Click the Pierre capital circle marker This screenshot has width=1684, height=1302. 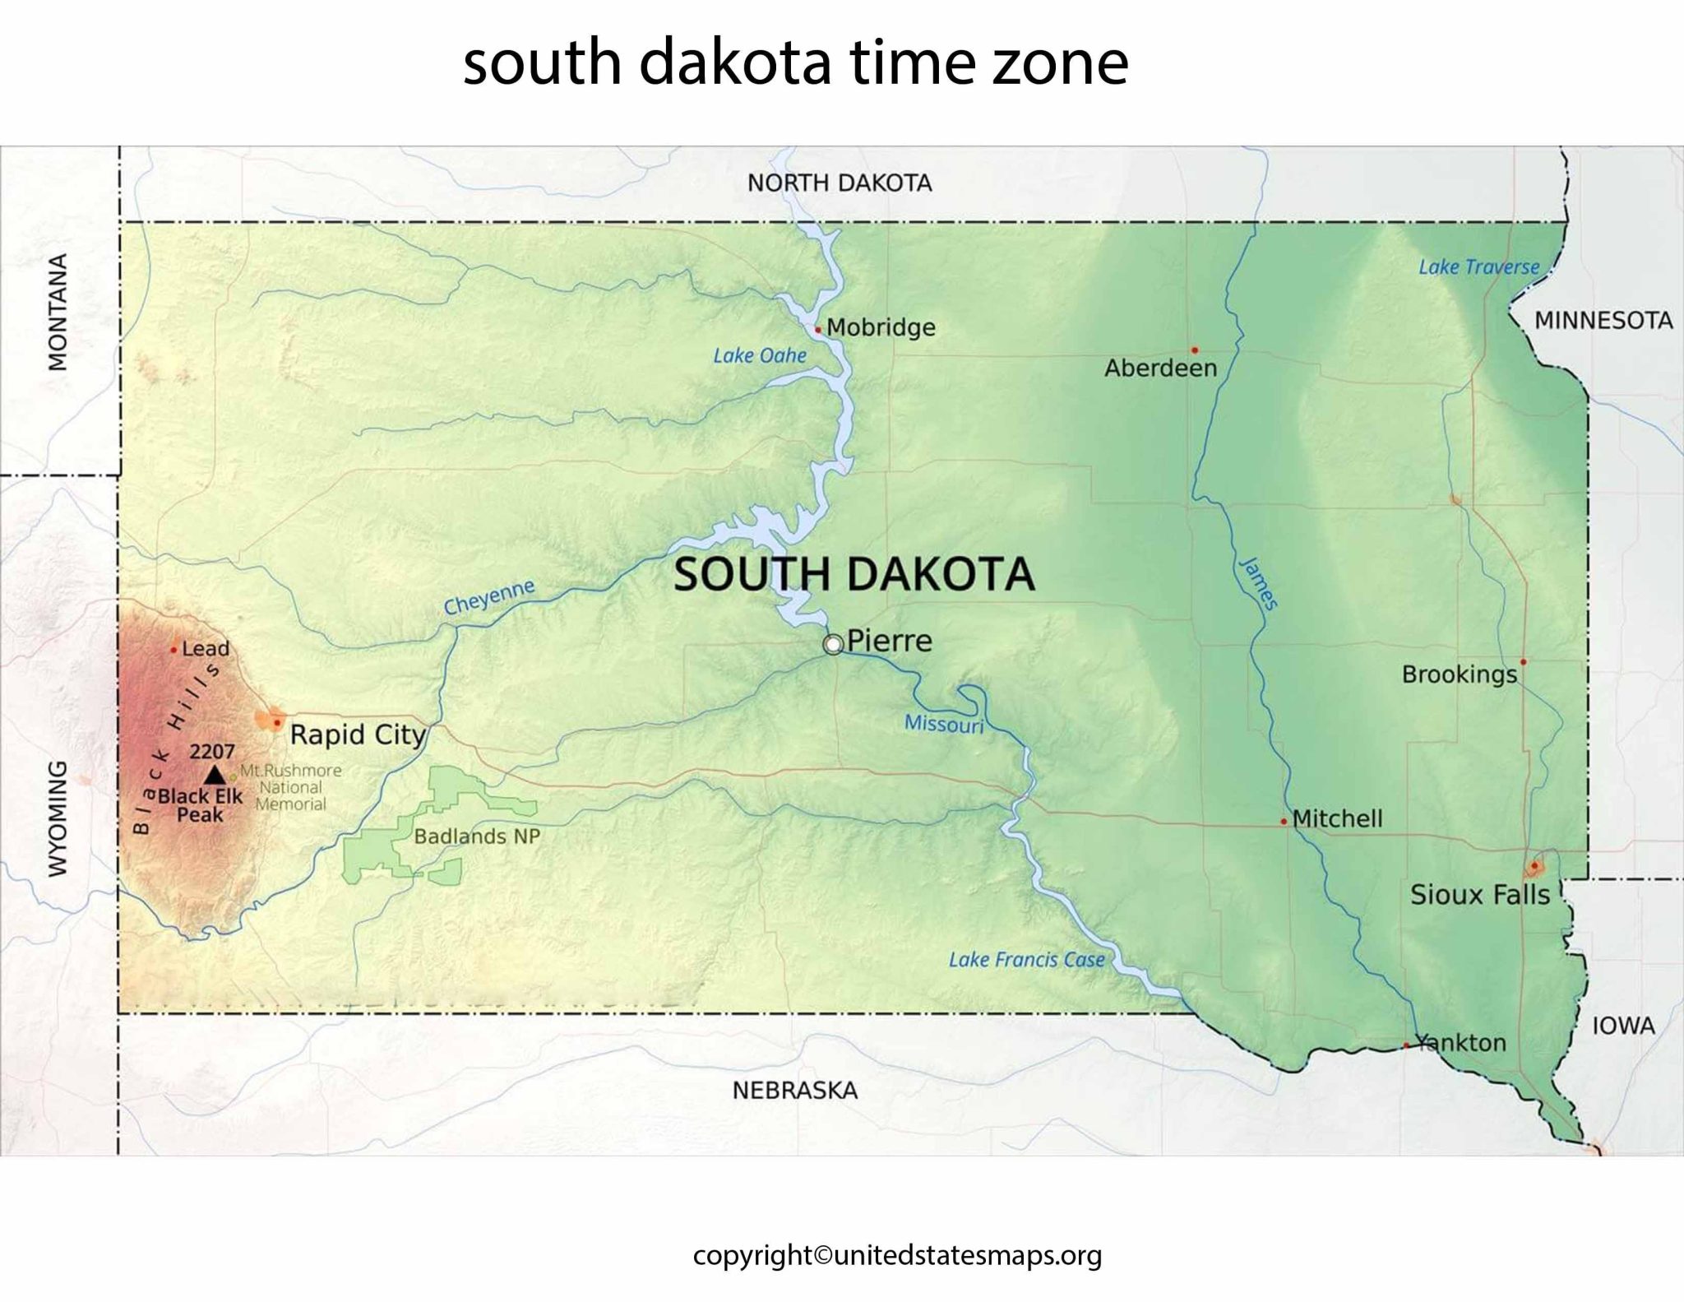[833, 645]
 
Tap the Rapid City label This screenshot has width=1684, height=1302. [358, 734]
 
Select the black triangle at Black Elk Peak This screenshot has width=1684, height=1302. [215, 774]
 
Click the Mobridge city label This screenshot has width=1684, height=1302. [881, 327]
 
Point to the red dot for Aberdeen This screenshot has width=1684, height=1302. [1195, 350]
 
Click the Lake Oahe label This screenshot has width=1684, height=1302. [759, 355]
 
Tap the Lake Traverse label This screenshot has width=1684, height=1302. [1478, 267]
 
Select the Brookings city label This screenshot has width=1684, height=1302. [1459, 674]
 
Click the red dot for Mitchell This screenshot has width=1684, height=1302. [1284, 822]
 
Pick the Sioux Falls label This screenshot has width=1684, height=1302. [1479, 895]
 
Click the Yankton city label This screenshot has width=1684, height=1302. [1461, 1043]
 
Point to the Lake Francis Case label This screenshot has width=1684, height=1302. [1026, 960]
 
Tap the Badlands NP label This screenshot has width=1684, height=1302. [477, 836]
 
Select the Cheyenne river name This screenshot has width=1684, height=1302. [489, 597]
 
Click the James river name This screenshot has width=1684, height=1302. [1258, 583]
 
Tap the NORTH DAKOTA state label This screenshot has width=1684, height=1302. [839, 183]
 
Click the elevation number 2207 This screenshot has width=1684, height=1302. [212, 751]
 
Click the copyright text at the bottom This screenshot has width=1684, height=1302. [897, 1255]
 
